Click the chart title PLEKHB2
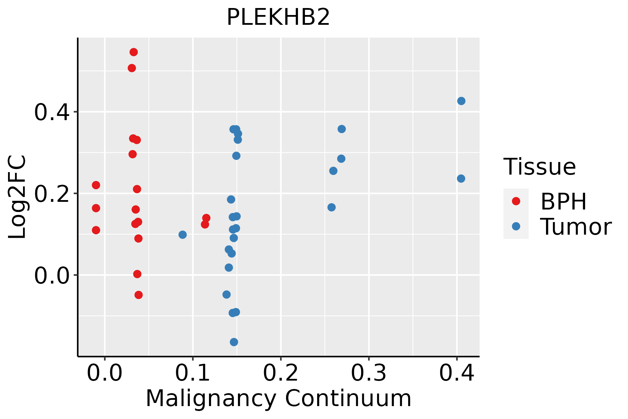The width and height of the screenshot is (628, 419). tap(278, 17)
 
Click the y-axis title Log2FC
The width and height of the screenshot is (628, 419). tap(17, 197)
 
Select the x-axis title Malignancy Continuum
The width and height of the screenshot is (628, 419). tap(278, 398)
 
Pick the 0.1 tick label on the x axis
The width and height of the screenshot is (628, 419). tap(192, 373)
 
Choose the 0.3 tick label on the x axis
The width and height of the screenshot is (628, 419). tap(368, 373)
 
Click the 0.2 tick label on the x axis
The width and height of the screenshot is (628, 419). tap(281, 373)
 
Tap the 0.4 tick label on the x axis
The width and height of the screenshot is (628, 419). tap(456, 373)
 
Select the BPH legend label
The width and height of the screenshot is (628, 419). tap(563, 201)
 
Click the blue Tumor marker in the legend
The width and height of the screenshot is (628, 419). tap(516, 226)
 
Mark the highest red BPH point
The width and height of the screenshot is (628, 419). tap(134, 52)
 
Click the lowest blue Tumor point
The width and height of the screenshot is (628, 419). tap(234, 342)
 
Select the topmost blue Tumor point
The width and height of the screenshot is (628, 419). tap(461, 101)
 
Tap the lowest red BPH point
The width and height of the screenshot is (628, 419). tap(139, 295)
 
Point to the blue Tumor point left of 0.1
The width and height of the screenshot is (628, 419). tap(182, 235)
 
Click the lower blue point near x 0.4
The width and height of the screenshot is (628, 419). tap(461, 178)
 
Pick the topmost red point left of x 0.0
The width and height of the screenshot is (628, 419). tap(96, 185)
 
